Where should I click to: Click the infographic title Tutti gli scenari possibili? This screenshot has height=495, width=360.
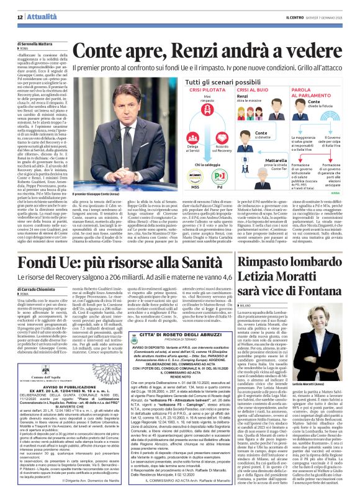coord(205,81)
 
